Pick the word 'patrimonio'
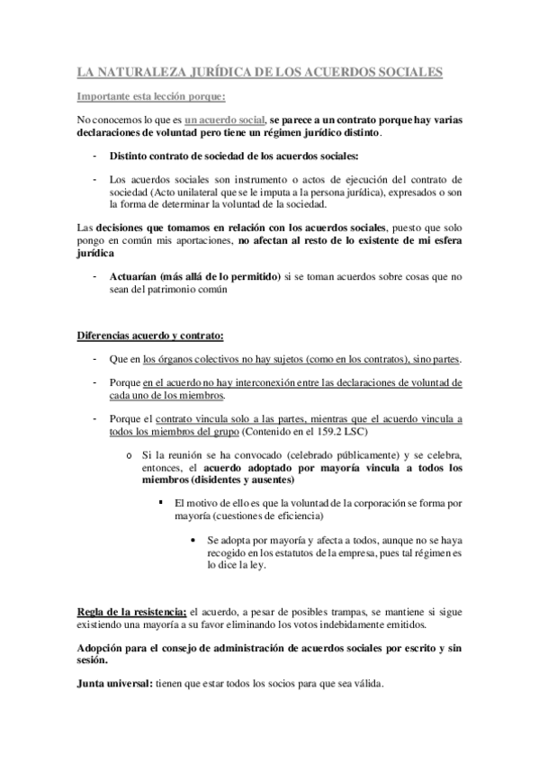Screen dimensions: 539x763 (x=185, y=291)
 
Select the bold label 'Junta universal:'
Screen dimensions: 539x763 (x=114, y=683)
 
